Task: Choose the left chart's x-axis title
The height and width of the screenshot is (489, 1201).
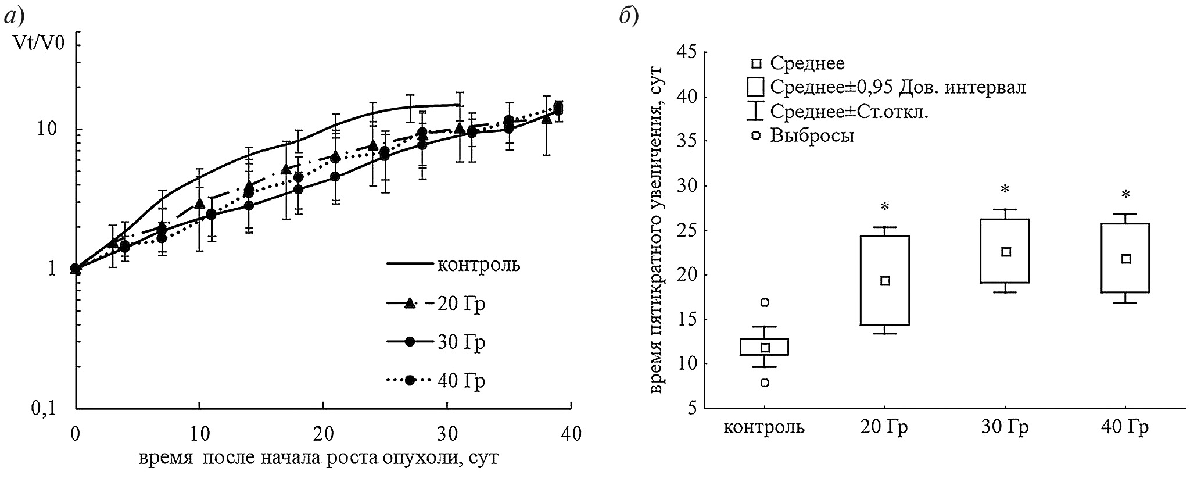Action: [318, 458]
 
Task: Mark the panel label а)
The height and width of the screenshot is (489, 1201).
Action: [14, 17]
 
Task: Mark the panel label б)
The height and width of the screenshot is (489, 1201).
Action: [629, 17]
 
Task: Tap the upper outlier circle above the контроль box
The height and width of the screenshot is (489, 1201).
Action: [765, 302]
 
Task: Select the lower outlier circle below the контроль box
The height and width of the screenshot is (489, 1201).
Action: [765, 383]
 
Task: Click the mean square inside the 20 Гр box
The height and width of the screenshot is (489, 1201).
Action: [885, 281]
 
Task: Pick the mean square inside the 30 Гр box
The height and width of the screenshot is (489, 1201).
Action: [1006, 252]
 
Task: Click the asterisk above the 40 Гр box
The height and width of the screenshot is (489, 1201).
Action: [1125, 194]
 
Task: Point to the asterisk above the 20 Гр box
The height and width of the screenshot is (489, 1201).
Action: [885, 207]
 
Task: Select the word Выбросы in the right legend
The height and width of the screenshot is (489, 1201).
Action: [812, 136]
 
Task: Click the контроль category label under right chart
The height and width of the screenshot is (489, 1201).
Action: [764, 427]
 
